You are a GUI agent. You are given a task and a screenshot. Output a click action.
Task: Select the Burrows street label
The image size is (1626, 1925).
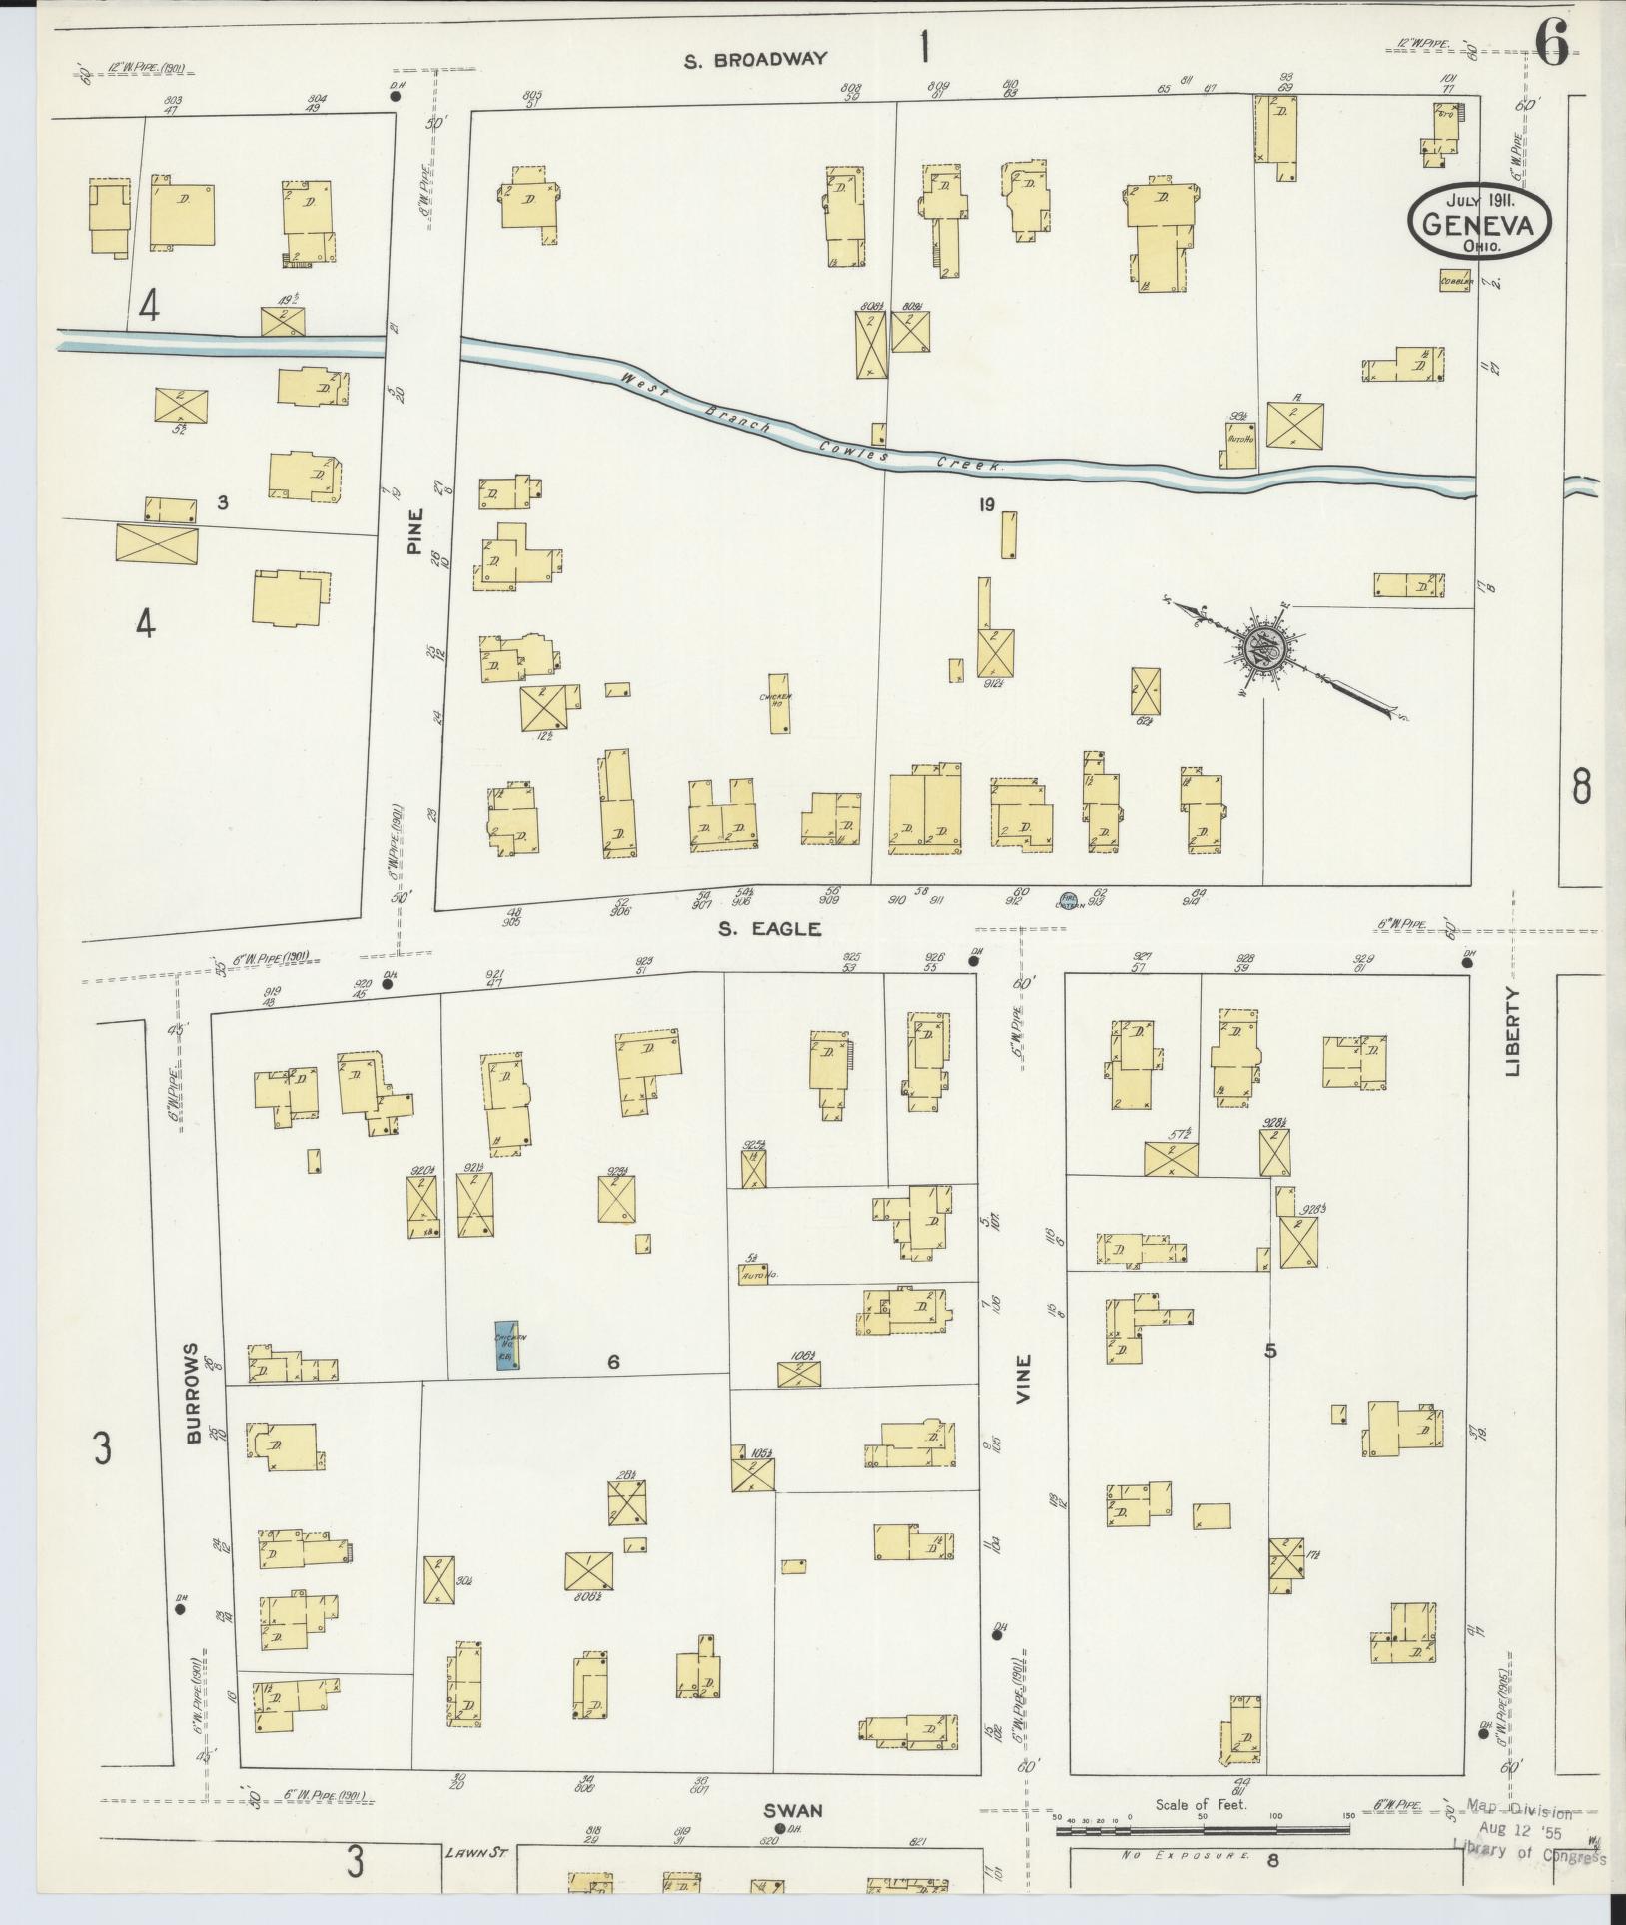[193, 1391]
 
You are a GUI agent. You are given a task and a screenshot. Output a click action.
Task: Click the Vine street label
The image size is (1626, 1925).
[1023, 1379]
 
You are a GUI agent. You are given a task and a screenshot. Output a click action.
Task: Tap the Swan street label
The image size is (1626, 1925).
[793, 1810]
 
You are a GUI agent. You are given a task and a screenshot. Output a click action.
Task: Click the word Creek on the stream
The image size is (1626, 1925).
[971, 465]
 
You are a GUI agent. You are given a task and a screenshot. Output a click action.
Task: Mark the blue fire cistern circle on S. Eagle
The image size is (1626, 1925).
[1068, 899]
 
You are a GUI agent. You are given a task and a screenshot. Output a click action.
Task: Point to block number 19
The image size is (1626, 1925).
[986, 505]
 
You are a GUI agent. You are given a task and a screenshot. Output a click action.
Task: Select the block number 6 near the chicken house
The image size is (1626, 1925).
[613, 1361]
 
